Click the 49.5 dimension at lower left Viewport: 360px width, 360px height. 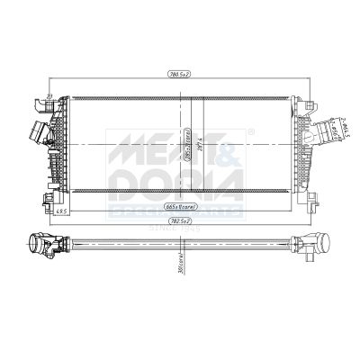[x=36, y=211]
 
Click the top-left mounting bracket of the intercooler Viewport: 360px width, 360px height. [x=43, y=97]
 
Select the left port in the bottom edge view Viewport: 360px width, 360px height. [x=40, y=244]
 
